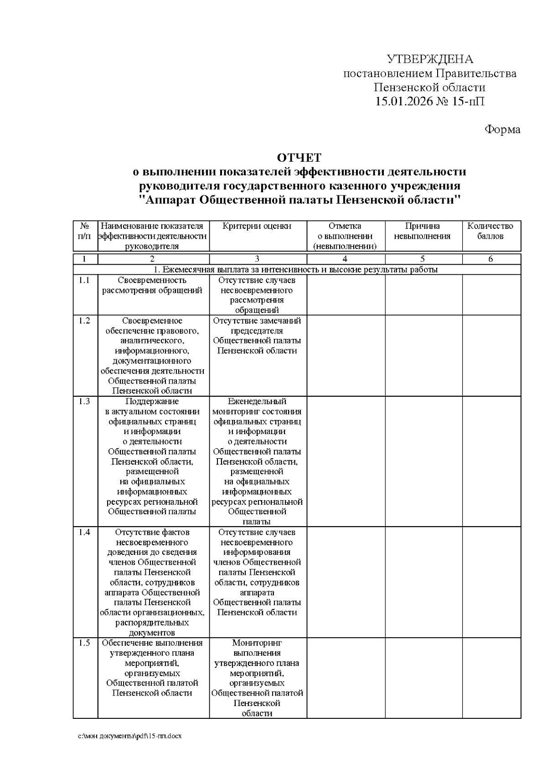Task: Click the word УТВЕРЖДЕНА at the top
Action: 430,59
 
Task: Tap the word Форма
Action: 502,129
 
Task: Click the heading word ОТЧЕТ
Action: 299,158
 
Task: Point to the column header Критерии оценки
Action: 257,226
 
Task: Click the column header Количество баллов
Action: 490,231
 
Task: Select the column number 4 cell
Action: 345,259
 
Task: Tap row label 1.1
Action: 84,280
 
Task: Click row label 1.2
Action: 84,320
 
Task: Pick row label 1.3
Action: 84,401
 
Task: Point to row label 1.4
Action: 84,532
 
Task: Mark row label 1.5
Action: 84,643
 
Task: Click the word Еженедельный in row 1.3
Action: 257,401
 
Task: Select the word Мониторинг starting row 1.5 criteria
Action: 257,643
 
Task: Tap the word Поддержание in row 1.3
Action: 152,401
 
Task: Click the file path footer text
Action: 130,736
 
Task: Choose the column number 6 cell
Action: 490,259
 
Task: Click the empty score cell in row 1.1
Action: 491,295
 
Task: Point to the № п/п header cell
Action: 85,231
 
